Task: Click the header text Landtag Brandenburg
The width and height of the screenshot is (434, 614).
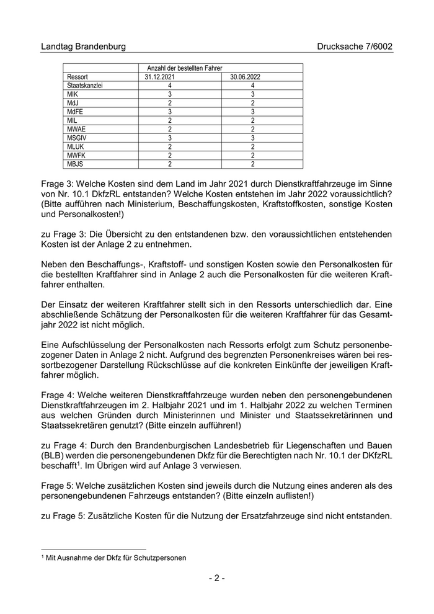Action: [x=83, y=47]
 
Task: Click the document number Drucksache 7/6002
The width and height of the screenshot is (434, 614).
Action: [x=354, y=47]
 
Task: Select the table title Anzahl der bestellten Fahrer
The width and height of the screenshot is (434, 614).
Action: [x=184, y=68]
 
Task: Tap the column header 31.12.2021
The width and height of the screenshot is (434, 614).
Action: [x=160, y=77]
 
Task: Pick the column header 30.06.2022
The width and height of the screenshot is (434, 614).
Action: [x=245, y=77]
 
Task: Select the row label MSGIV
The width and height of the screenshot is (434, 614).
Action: [x=77, y=138]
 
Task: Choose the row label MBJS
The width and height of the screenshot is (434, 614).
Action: [x=76, y=164]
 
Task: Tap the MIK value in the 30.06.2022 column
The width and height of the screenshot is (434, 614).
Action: [x=252, y=94]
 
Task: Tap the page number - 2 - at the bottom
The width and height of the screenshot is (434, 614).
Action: [x=216, y=578]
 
